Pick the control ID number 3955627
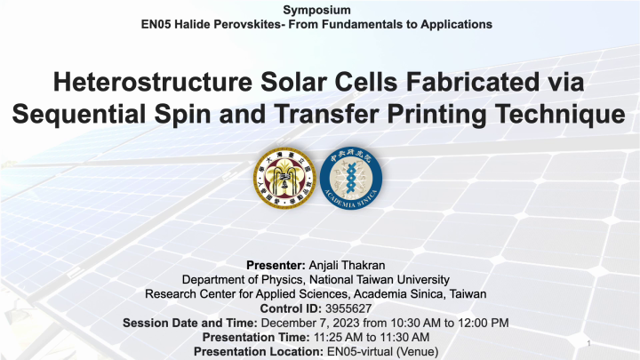348,308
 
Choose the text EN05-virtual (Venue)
380,352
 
